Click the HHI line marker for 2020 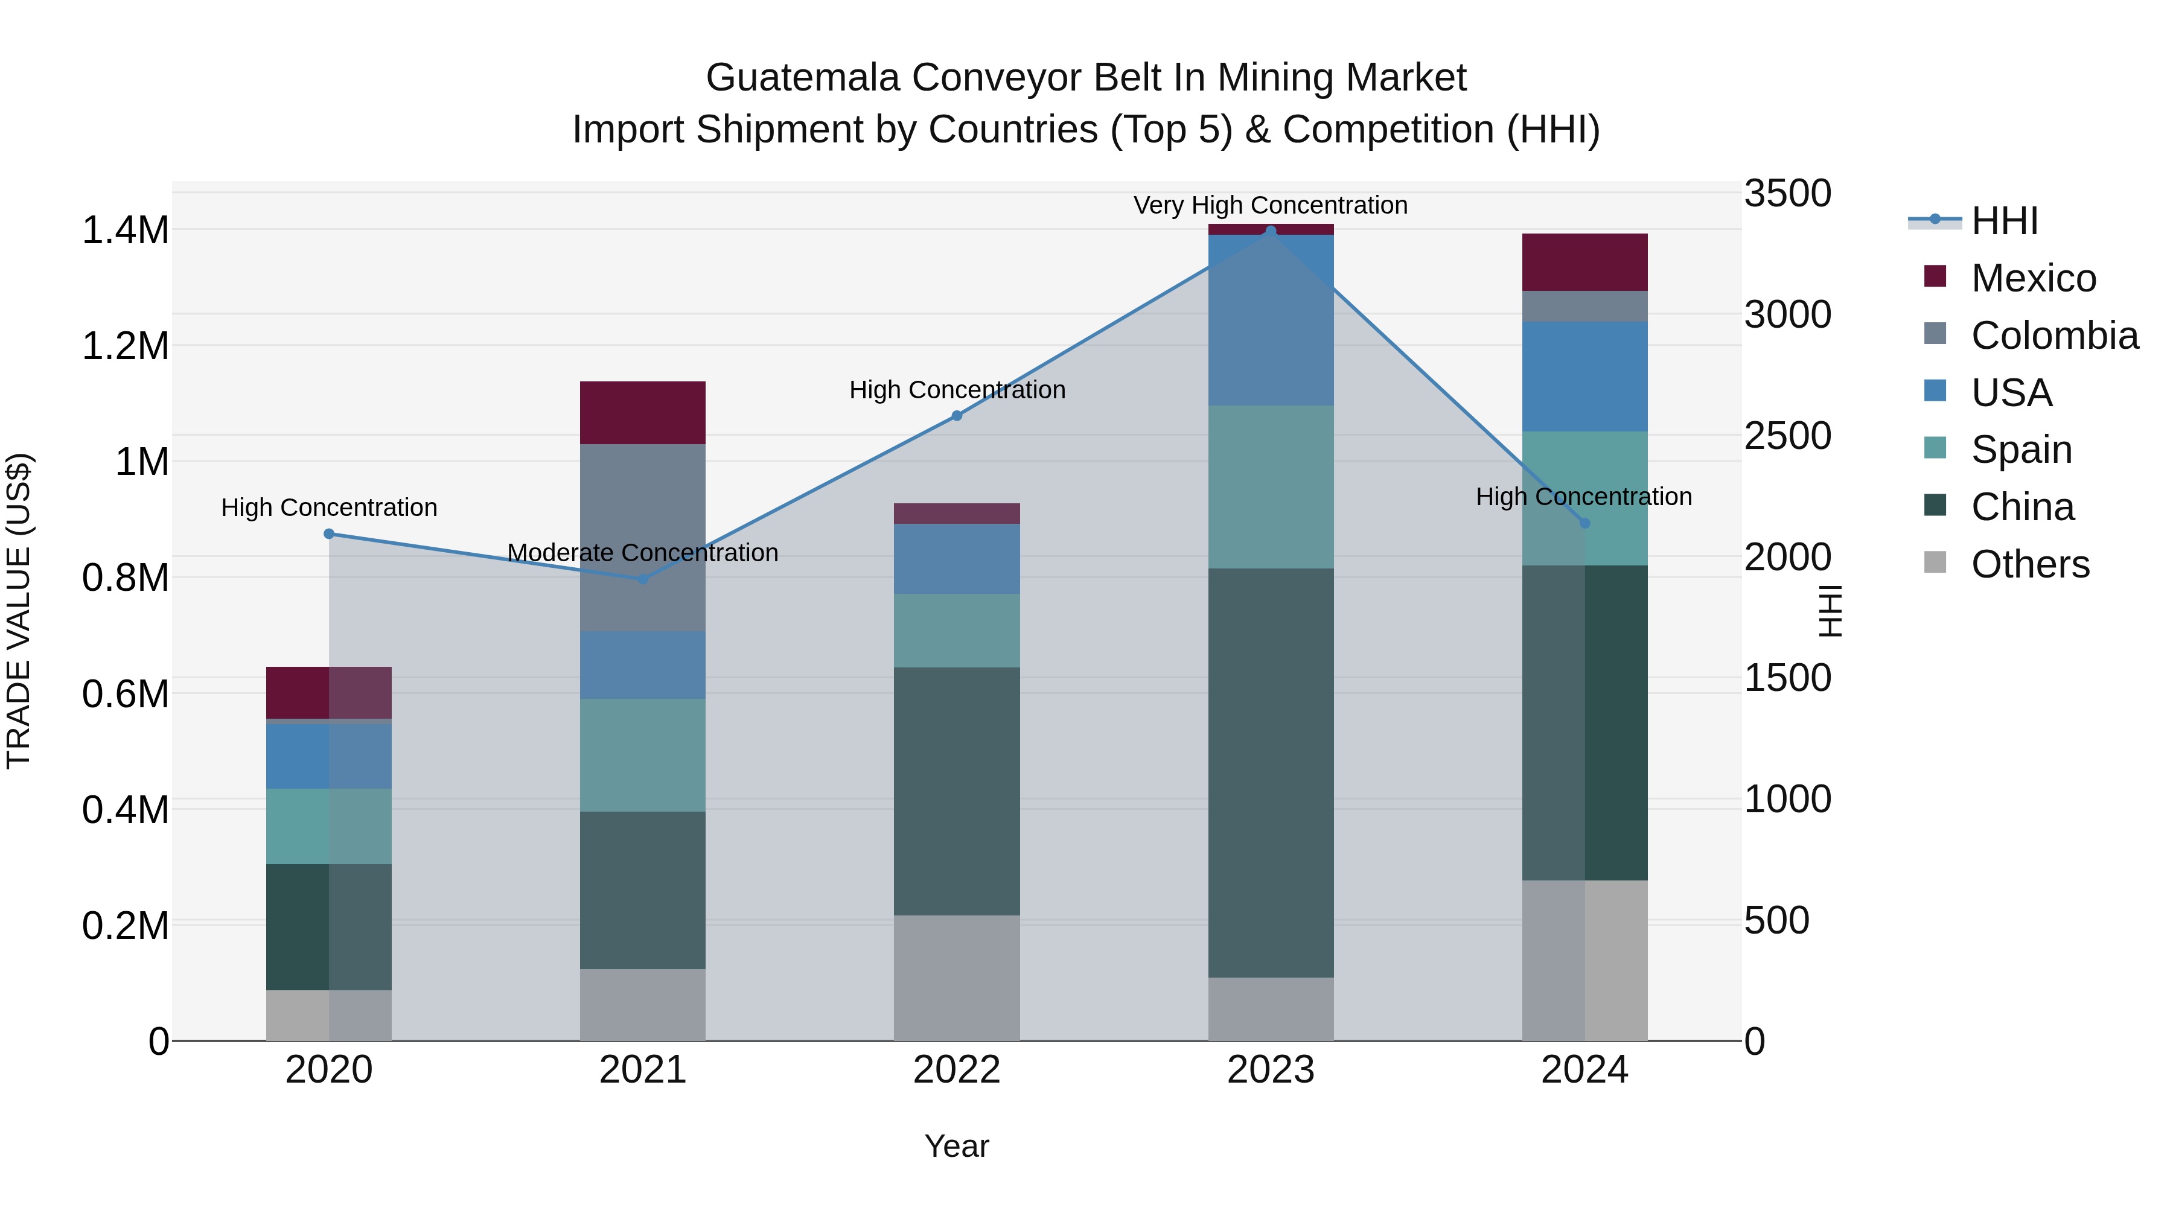329,534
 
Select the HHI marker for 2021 643,579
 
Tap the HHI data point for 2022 957,416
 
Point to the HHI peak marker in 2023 1271,231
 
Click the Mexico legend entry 2033,278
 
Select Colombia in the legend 2054,336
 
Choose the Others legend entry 2029,564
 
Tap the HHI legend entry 2003,221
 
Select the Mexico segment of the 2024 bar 1585,263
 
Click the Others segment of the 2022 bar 957,978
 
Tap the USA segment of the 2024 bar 1585,376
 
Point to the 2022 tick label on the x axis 957,1070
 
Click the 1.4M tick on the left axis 125,231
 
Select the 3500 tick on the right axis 1787,193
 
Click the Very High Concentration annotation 1271,205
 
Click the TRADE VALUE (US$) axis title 19,611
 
